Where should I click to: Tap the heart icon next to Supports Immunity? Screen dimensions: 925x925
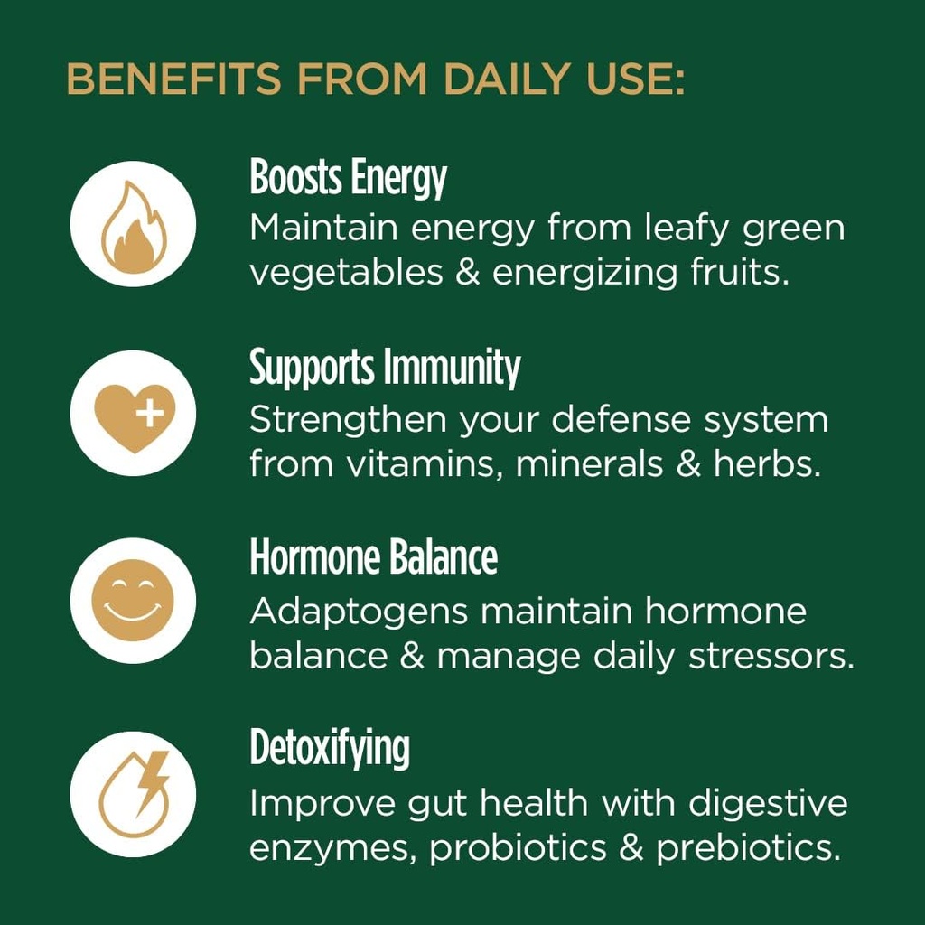(133, 415)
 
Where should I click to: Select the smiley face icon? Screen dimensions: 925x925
(133, 601)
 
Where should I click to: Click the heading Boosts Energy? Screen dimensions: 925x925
(348, 178)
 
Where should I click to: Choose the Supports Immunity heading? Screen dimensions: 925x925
(385, 368)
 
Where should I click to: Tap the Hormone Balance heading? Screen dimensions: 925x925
(373, 557)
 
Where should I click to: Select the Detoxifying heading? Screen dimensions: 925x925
(330, 749)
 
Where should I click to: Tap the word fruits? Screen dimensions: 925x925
(742, 272)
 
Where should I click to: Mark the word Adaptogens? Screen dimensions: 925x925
(359, 613)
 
